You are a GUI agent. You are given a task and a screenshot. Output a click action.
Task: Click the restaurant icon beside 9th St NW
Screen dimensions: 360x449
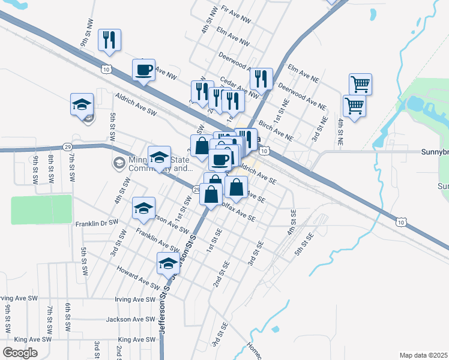point(110,40)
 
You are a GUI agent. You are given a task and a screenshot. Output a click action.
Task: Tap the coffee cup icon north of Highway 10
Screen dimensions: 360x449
point(144,70)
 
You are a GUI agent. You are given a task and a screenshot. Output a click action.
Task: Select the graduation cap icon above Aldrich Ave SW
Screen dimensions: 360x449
point(82,104)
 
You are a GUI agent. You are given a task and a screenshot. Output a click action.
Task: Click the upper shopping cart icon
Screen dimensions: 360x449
point(360,84)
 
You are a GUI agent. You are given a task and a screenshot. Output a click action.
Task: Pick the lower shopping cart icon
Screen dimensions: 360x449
point(354,106)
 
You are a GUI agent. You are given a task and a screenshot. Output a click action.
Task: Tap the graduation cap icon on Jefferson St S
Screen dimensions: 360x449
point(169,263)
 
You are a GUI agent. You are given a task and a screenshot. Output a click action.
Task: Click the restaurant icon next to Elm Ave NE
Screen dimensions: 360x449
point(261,79)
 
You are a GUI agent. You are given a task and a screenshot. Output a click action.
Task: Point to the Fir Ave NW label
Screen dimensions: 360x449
point(235,16)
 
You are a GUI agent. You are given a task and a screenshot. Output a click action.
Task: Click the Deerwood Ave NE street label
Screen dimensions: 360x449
point(306,97)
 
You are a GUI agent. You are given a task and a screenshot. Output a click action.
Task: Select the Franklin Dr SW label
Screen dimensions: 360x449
point(97,223)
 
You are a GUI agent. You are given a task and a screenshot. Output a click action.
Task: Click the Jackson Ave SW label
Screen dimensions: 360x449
point(131,320)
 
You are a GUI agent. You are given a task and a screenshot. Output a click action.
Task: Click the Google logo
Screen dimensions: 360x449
point(20,353)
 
